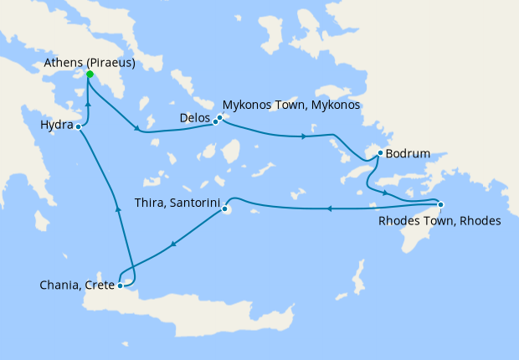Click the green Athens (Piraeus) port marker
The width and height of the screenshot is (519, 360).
point(90,75)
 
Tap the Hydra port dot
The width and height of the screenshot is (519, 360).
point(78,126)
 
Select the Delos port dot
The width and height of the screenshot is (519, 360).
point(215,121)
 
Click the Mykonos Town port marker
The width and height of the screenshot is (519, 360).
point(220,117)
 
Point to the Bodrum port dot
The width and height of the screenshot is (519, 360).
point(380,153)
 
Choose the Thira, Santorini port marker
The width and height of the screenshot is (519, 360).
point(225,209)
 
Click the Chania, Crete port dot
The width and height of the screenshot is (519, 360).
point(121,285)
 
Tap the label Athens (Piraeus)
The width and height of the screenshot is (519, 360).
point(90,63)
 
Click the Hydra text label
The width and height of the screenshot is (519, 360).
point(56,126)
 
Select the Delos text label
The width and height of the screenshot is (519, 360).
point(194,118)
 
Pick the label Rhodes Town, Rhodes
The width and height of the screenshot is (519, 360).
point(439,221)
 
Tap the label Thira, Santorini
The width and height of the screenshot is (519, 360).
point(177,202)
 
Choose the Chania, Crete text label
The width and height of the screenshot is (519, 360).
point(77,285)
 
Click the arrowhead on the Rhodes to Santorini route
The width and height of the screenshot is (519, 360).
point(329,208)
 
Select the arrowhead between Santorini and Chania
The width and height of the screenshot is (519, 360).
point(173,245)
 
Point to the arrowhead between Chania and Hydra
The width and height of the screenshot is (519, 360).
point(118,211)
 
